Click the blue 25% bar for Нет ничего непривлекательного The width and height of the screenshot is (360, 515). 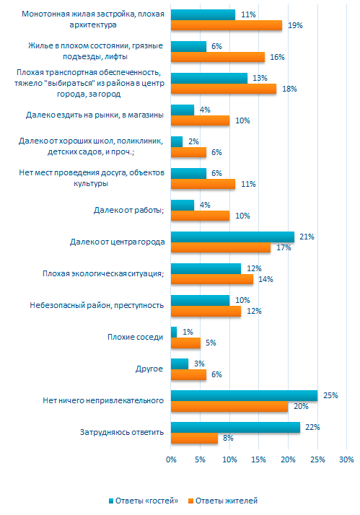click(245, 395)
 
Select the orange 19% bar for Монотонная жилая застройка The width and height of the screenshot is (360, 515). click(227, 25)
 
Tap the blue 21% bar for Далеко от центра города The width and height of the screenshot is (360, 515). click(232, 237)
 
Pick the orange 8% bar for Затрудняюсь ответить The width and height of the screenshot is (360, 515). click(195, 438)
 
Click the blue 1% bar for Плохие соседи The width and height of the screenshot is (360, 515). click(174, 332)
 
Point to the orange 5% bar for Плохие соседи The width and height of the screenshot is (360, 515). click(186, 343)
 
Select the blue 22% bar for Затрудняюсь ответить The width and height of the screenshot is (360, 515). click(235, 427)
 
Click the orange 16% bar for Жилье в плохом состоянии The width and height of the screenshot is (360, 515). click(218, 57)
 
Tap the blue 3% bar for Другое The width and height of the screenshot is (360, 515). click(180, 364)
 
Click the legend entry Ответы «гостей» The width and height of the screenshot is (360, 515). click(144, 501)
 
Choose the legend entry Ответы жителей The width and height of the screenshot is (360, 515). click(223, 501)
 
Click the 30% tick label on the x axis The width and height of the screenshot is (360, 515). click(346, 459)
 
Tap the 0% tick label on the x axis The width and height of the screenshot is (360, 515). click(171, 459)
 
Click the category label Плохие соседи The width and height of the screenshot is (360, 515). click(136, 337)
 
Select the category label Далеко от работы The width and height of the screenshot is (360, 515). click(128, 210)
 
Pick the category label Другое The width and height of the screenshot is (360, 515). click(149, 369)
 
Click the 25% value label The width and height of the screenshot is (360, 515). click(330, 395)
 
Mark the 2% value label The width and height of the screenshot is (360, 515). click(193, 141)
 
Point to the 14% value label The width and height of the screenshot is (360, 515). click(265, 280)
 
